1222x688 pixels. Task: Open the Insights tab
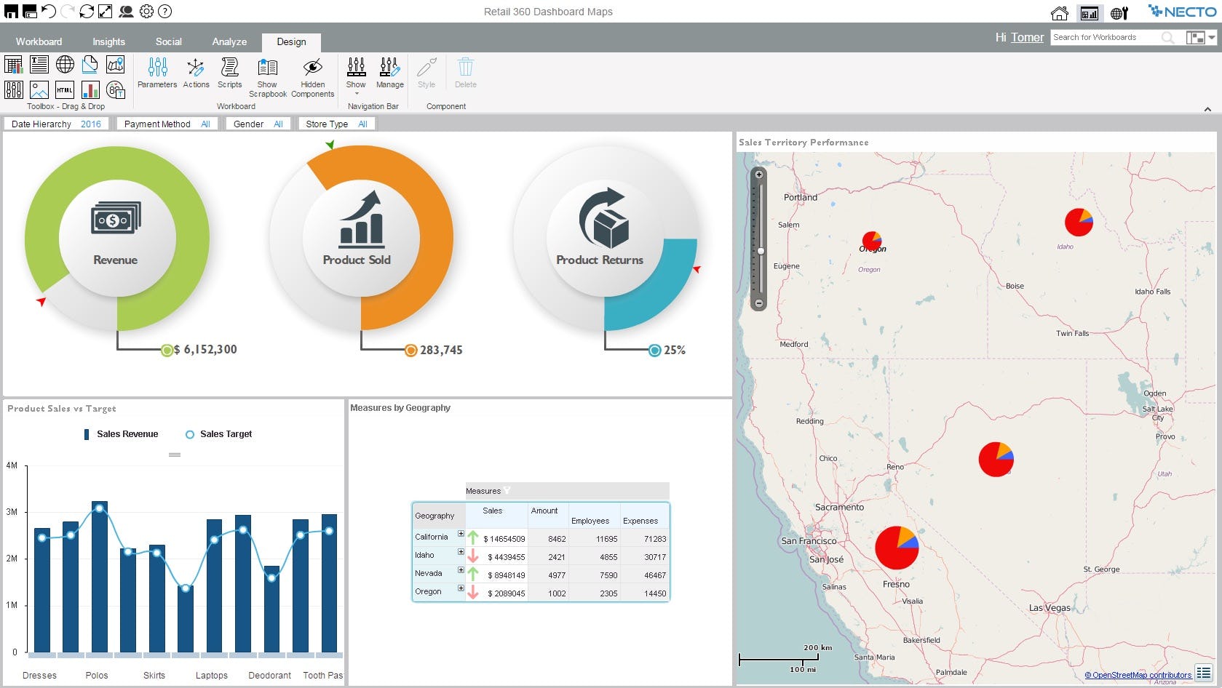click(x=108, y=41)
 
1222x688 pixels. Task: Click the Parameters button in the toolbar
click(x=157, y=73)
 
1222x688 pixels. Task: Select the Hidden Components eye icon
click(x=312, y=68)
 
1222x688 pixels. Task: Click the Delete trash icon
click(x=465, y=68)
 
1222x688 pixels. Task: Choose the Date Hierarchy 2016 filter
click(x=56, y=124)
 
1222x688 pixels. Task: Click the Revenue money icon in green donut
click(x=116, y=218)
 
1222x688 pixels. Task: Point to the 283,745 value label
click(x=440, y=351)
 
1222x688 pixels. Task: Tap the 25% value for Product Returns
click(x=674, y=351)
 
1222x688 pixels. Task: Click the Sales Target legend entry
click(x=218, y=434)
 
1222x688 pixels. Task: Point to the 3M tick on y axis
click(x=12, y=512)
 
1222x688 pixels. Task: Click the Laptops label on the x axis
click(x=211, y=675)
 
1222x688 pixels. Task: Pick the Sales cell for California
click(x=504, y=539)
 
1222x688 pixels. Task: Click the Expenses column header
click(x=640, y=521)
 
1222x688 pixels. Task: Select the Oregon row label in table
click(x=428, y=591)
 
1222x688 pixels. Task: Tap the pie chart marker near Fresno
click(x=896, y=548)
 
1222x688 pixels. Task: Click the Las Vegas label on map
click(x=1050, y=607)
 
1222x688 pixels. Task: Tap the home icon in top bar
click(x=1059, y=12)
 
